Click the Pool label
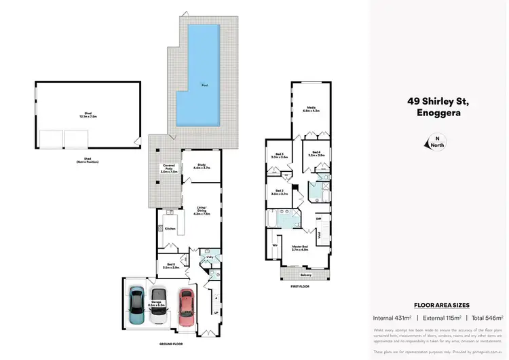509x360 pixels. click(x=204, y=85)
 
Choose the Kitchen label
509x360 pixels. click(x=170, y=229)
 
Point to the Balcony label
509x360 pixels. click(x=305, y=275)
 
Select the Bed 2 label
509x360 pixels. click(x=280, y=192)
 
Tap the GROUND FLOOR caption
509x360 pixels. click(x=170, y=344)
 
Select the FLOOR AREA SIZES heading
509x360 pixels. click(x=442, y=306)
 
